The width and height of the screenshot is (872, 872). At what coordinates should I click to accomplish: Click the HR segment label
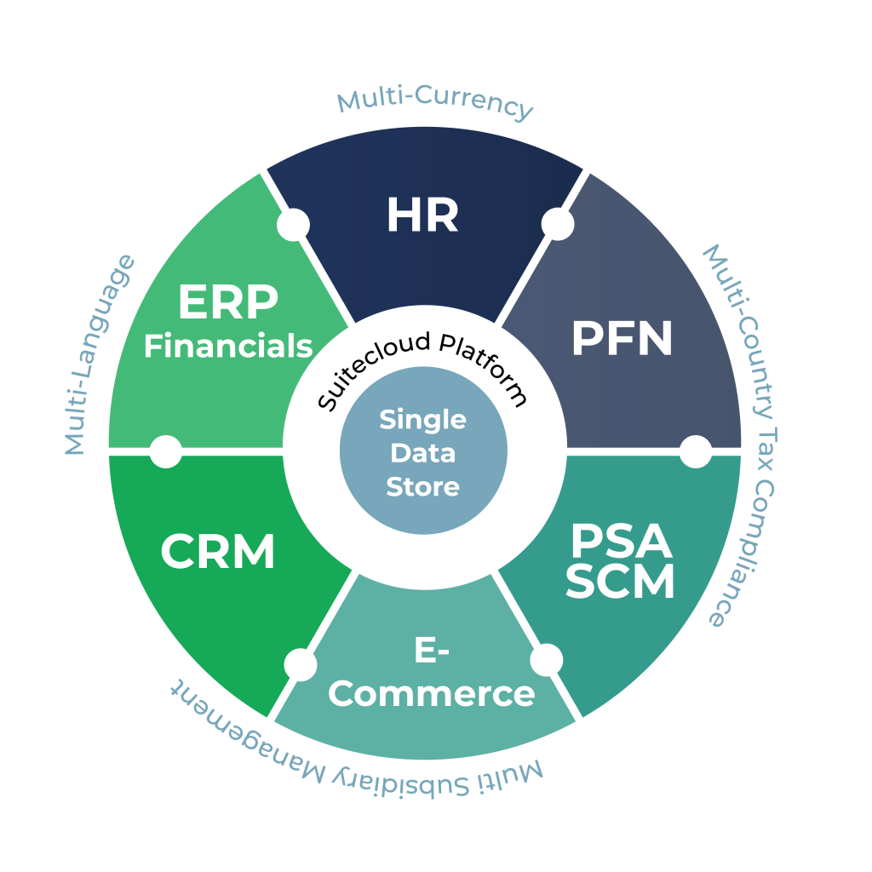pos(422,216)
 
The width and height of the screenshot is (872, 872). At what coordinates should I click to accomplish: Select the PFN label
pos(622,339)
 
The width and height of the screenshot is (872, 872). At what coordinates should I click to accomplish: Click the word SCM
pos(621,582)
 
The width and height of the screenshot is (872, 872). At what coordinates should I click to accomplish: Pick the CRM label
pos(218,554)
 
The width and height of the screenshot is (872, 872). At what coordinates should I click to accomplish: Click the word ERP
pos(227,301)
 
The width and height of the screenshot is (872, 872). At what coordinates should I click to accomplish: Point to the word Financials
pos(228,346)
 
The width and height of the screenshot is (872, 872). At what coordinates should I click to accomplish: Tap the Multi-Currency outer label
pos(435,103)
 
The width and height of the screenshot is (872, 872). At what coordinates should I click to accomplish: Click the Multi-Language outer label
pos(100,353)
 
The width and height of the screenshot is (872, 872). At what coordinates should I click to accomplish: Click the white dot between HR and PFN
pos(558,224)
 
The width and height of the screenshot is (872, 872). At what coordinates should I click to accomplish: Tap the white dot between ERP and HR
pos(293,225)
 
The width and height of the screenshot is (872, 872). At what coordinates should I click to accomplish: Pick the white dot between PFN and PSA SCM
pos(695,451)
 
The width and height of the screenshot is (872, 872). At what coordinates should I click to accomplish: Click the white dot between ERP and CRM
pos(165,451)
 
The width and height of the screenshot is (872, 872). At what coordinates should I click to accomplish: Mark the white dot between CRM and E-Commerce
pos(300,664)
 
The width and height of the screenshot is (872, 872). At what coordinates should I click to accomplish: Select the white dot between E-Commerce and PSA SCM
pos(547,660)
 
